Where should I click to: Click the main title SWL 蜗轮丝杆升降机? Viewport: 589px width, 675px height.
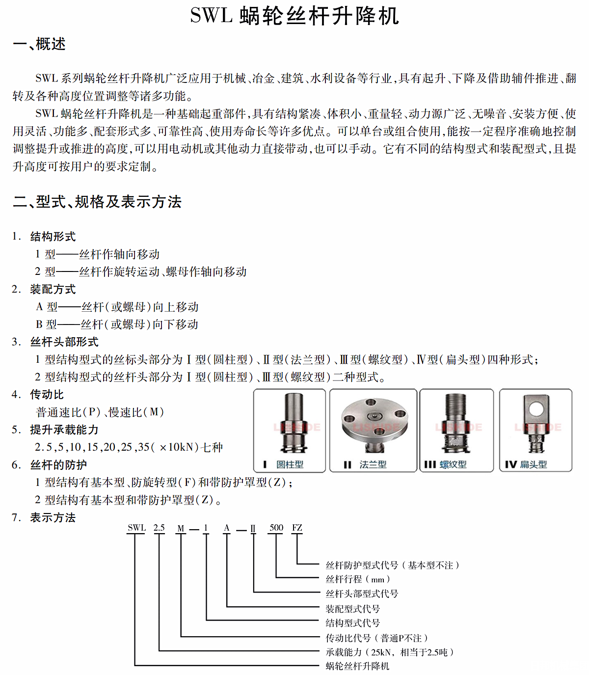pos(294,16)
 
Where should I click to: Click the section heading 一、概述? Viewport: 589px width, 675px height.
pos(39,44)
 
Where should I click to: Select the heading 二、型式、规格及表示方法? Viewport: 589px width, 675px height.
pos(97,202)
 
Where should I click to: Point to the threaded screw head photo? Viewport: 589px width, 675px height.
pos(456,424)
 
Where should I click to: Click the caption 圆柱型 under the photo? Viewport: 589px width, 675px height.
pos(290,464)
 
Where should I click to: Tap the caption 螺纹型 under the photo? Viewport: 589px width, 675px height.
pos(453,464)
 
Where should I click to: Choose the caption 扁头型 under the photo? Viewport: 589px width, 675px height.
pos(534,464)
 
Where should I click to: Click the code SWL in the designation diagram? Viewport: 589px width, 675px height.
pos(136,528)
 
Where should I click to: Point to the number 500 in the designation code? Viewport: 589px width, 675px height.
pos(276,528)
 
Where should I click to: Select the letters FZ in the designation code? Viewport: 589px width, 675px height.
pos(297,528)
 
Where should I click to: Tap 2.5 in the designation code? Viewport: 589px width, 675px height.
pos(159,528)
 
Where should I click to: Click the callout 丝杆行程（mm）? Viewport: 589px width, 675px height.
pos(358,579)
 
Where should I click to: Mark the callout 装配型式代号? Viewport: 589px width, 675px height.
pos(353,609)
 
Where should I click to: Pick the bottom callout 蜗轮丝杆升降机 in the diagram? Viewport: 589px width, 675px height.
pos(357,666)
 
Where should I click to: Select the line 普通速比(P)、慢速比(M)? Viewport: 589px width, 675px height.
pos(100,412)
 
